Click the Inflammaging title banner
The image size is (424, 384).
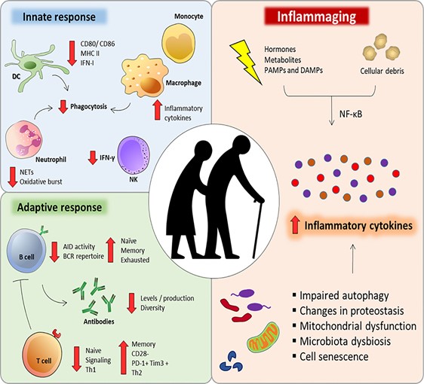[x=316, y=17]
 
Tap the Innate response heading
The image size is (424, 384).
[x=59, y=17]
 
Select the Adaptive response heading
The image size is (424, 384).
[x=60, y=207]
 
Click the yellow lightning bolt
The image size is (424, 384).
[x=246, y=62]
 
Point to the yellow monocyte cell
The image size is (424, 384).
[x=178, y=41]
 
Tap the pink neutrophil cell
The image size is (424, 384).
[x=24, y=139]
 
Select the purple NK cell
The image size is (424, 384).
[x=134, y=154]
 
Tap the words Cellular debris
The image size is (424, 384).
[x=382, y=71]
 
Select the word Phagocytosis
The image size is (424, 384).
[x=89, y=106]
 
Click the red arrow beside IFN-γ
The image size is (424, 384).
[x=93, y=157]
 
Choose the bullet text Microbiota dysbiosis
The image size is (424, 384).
[x=346, y=341]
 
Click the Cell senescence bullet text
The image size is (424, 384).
[x=334, y=356]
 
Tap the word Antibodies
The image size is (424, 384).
[x=99, y=322]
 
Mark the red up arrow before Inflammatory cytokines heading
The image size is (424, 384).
[x=296, y=226]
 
